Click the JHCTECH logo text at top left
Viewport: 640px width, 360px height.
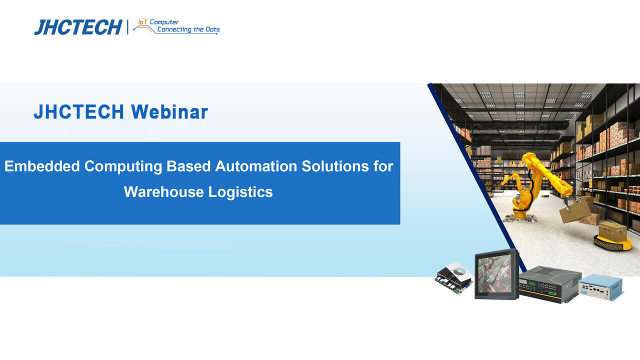click(78, 27)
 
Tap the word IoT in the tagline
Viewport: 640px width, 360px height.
click(143, 22)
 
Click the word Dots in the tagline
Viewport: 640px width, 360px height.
click(213, 29)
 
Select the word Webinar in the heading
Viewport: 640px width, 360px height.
click(169, 112)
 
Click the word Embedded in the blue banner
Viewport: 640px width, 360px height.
click(42, 166)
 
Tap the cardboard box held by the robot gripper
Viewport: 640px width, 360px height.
click(574, 212)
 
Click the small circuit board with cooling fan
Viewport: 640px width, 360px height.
click(453, 277)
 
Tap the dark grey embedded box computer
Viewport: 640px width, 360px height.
click(549, 284)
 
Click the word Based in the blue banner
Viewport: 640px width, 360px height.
click(189, 166)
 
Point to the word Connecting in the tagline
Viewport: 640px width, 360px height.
click(174, 29)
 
